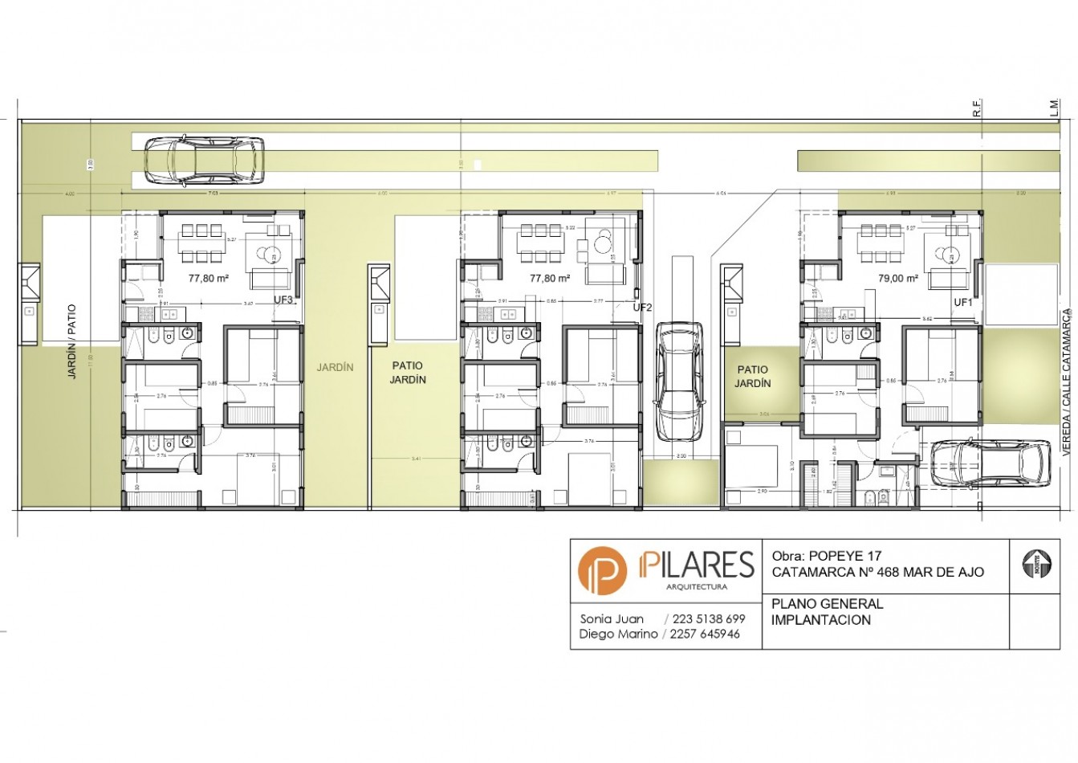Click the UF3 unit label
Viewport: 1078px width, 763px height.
[283, 300]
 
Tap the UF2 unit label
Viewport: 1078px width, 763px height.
[642, 307]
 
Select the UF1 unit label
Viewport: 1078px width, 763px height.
[962, 303]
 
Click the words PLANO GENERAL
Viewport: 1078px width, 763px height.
[827, 604]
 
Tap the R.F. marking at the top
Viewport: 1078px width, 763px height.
[977, 109]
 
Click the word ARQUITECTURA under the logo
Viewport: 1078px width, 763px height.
[697, 586]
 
